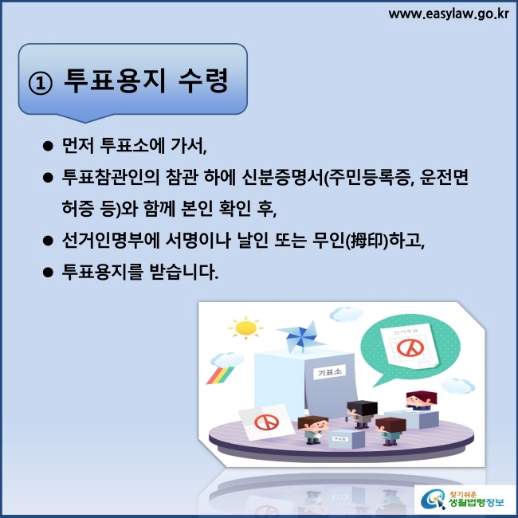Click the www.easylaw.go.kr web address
point(449,14)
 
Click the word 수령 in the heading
point(203,80)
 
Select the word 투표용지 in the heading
point(114,80)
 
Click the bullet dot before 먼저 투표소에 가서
point(48,146)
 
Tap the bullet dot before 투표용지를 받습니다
point(48,273)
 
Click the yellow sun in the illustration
point(245,328)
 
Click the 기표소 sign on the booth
point(329,372)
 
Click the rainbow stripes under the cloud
point(220,375)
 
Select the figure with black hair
point(362,414)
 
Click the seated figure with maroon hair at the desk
point(422,401)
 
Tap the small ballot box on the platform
point(346,439)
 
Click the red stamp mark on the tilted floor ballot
point(267,422)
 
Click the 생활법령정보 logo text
point(476,503)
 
